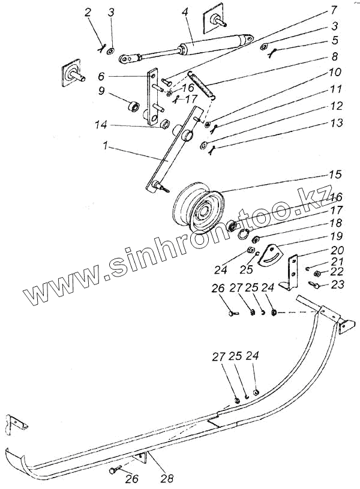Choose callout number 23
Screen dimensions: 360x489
click(x=337, y=284)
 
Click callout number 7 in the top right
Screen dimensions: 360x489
click(x=334, y=11)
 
